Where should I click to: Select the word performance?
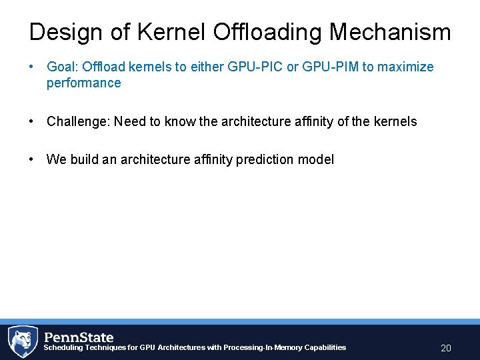point(83,83)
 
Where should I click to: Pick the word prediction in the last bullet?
point(264,159)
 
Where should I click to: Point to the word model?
point(317,159)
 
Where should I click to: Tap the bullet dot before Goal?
point(31,67)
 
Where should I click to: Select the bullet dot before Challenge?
point(31,121)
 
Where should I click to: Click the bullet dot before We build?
point(31,159)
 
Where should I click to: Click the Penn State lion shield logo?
point(22,341)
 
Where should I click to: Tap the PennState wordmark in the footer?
point(79,337)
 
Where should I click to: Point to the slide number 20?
point(446,348)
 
